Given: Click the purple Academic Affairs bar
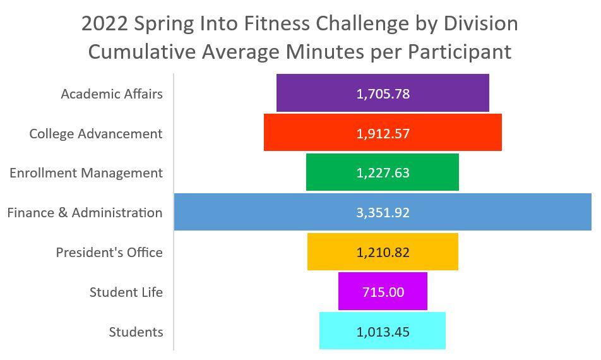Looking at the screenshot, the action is click(383, 93).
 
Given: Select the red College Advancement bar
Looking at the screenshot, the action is click(383, 132).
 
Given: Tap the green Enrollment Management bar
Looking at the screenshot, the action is click(382, 172).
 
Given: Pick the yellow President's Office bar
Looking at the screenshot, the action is click(383, 251).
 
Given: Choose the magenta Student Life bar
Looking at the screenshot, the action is click(383, 291).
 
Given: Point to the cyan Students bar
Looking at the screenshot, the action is click(382, 331).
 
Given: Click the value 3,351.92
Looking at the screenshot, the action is click(383, 212).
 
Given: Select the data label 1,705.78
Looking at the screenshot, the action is click(383, 94).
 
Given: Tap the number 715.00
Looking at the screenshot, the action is click(383, 292).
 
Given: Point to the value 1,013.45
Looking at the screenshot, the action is click(383, 332).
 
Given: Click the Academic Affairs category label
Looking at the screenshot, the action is click(112, 94).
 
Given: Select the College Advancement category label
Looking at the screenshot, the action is click(96, 134).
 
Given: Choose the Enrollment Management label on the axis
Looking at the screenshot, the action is click(86, 173).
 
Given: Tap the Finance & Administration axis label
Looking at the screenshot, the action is click(85, 213).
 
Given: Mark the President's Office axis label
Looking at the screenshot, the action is click(109, 253).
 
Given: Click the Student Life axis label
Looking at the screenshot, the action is click(126, 292).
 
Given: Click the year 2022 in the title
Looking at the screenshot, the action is click(104, 24).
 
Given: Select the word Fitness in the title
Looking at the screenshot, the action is click(277, 24).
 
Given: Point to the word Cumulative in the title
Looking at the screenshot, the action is click(142, 52).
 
